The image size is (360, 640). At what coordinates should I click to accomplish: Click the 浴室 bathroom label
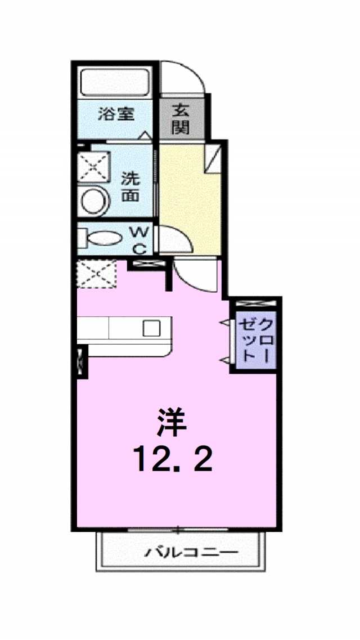coord(116,114)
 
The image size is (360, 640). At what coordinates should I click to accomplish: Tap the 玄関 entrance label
coord(180,119)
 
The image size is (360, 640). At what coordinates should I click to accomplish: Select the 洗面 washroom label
coord(131,187)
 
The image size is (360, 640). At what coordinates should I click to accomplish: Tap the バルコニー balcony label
coord(191,553)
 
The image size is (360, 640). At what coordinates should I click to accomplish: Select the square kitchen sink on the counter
coord(152,328)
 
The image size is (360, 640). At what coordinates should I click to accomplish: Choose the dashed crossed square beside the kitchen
coord(96,274)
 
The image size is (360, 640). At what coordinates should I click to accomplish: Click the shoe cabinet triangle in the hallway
coord(213,159)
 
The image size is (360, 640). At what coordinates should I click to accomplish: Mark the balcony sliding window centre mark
coord(178,531)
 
